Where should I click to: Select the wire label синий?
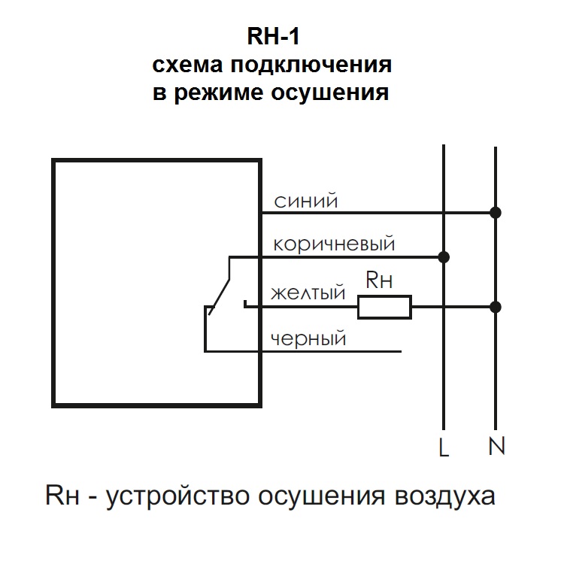[x=305, y=202]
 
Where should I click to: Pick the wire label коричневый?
[x=334, y=244]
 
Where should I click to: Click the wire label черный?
[x=308, y=339]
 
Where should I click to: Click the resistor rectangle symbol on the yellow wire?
[x=384, y=307]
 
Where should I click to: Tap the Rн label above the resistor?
[x=379, y=281]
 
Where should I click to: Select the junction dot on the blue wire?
[x=495, y=213]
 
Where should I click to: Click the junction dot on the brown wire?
[x=444, y=257]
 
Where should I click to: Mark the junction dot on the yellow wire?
[x=495, y=307]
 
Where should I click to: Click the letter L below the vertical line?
[x=444, y=449]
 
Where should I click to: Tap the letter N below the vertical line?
[x=496, y=447]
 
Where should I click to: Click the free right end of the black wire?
[x=399, y=351]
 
